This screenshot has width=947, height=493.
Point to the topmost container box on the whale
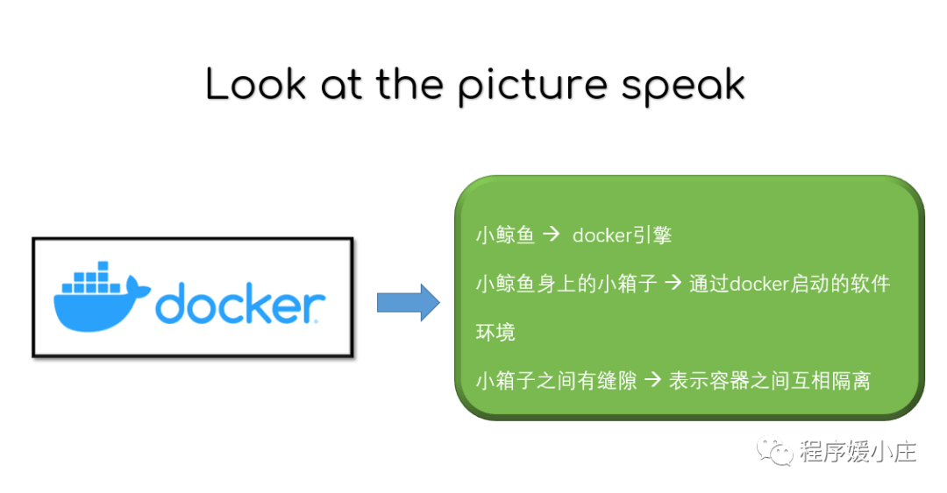(103, 265)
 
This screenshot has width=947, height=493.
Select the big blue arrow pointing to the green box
(408, 303)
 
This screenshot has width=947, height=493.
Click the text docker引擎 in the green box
(623, 236)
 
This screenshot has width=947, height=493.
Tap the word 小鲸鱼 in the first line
(505, 236)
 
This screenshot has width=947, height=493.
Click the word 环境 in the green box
(495, 332)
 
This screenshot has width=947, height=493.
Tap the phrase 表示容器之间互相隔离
(769, 381)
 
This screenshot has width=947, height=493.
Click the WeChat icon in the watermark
(776, 452)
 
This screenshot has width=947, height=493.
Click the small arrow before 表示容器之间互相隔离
(652, 381)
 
